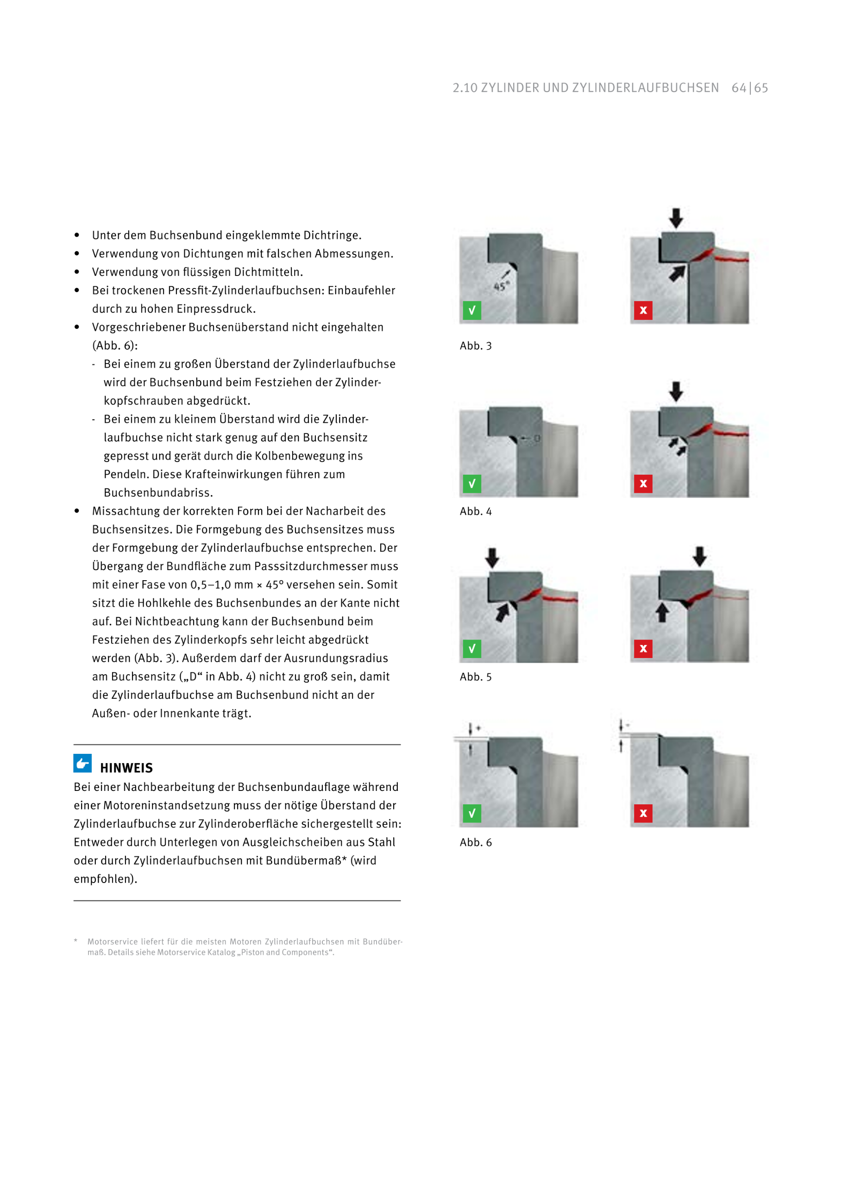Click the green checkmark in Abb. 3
[x=471, y=310]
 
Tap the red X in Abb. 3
[x=643, y=310]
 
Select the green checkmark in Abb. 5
[x=471, y=648]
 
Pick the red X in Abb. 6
[x=643, y=813]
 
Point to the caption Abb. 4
[x=475, y=512]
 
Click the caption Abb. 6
[x=475, y=842]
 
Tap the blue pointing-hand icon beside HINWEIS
[x=82, y=763]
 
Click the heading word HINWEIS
[x=126, y=768]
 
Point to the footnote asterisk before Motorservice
[x=76, y=941]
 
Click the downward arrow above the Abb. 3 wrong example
[x=675, y=218]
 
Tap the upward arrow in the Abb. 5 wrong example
[x=661, y=612]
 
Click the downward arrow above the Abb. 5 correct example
[x=492, y=558]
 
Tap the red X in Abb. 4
[x=643, y=483]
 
